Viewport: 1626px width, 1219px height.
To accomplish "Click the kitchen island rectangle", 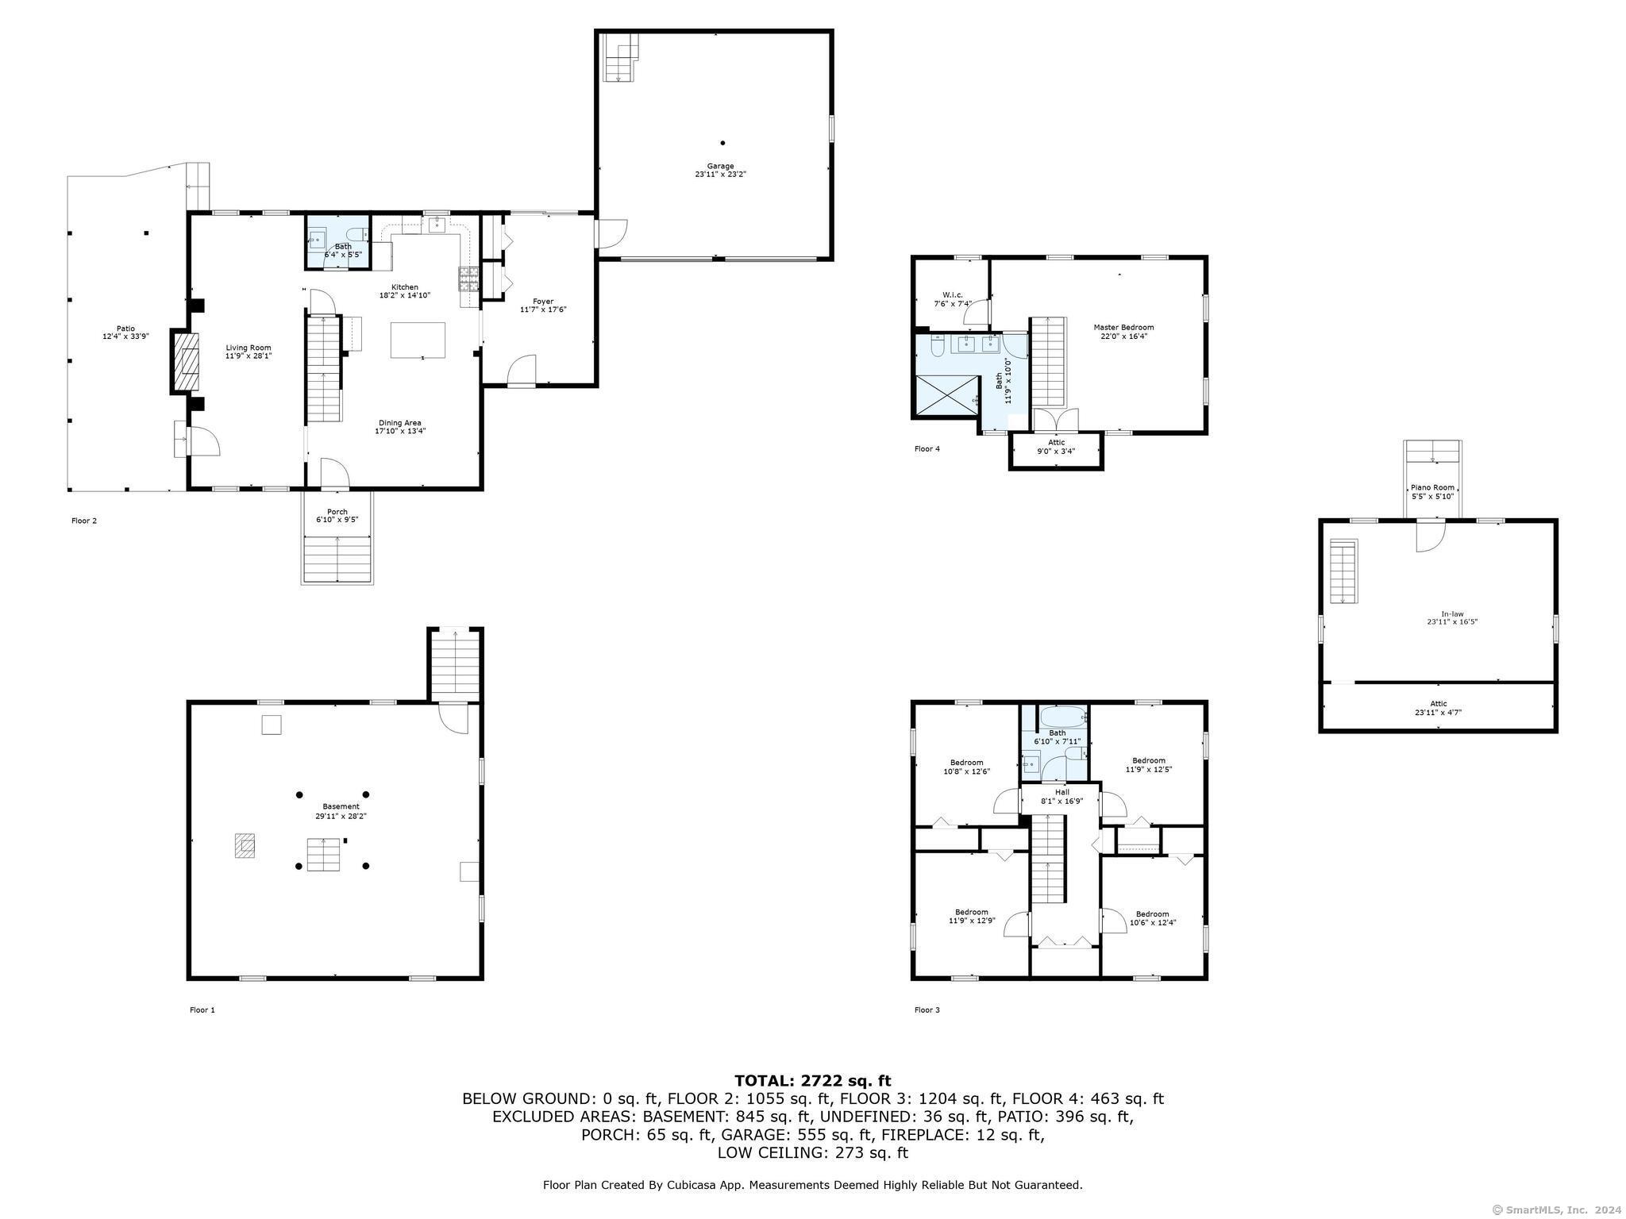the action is point(418,340).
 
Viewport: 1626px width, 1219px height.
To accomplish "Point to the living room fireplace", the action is point(187,362).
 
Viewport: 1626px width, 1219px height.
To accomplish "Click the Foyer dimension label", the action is point(543,310).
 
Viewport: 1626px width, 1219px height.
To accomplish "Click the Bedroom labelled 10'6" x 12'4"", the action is point(1152,917).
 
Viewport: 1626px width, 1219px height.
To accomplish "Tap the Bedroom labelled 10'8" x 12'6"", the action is point(966,767).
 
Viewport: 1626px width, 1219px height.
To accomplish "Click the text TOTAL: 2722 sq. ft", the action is point(813,1080).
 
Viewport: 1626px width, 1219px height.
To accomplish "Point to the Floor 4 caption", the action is point(927,449).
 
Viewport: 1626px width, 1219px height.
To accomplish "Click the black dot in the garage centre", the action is point(722,143).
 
